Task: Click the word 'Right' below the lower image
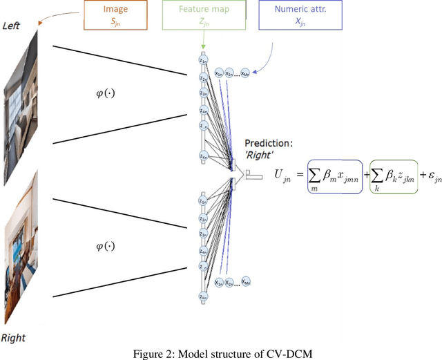tap(13, 338)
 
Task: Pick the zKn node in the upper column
tap(203, 155)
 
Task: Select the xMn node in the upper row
tap(245, 73)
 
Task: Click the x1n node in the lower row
tap(218, 282)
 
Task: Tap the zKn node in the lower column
tap(203, 296)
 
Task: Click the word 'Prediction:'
tap(268, 144)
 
